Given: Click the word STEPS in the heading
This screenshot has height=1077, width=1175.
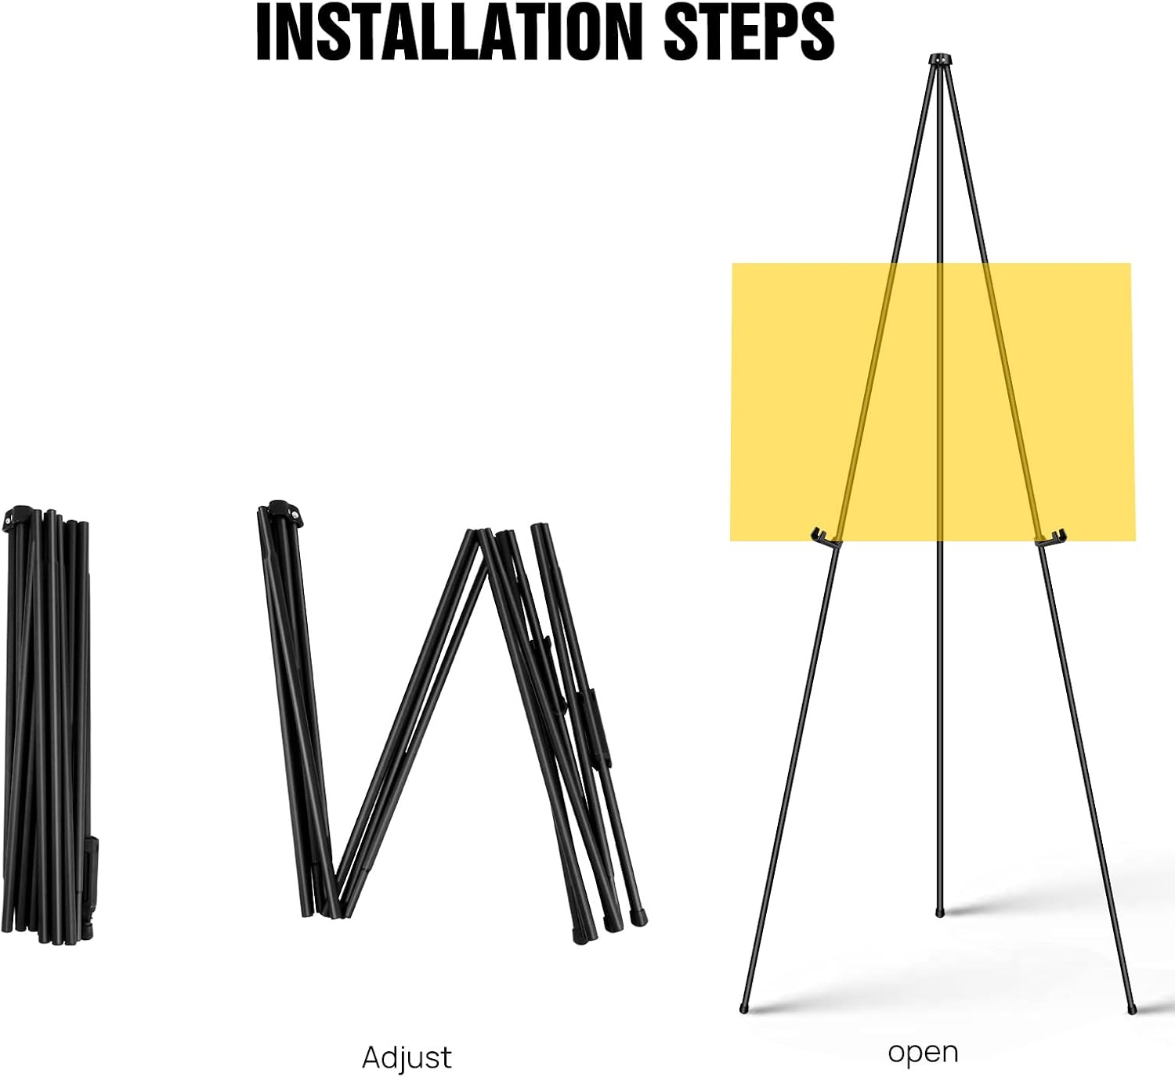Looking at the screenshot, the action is pyautogui.click(x=749, y=34).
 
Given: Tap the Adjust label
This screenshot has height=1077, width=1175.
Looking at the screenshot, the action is pyautogui.click(x=407, y=1057).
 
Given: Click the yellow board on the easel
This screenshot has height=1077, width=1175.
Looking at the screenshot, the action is pyautogui.click(x=932, y=402).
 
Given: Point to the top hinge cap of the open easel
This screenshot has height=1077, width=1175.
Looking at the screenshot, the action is pyautogui.click(x=941, y=60).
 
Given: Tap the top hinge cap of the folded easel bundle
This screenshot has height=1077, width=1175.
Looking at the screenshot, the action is pyautogui.click(x=16, y=517).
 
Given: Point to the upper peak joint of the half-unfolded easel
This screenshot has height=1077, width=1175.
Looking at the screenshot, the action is pyautogui.click(x=485, y=536).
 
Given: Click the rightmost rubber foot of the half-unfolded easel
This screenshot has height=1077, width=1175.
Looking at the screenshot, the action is pyautogui.click(x=640, y=919).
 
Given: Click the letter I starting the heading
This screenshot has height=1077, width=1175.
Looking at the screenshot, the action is pyautogui.click(x=264, y=34).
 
